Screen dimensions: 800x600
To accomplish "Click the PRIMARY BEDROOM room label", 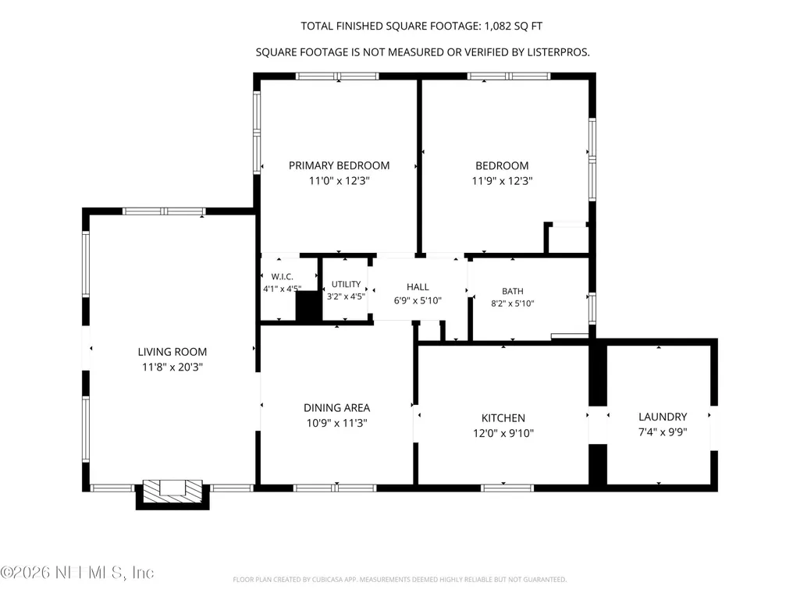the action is coord(340,165).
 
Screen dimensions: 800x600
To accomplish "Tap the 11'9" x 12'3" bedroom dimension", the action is coord(502,180).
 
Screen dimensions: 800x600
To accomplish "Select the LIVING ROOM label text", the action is coord(172,352).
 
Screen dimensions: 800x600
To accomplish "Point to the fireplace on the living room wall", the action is coord(172,494).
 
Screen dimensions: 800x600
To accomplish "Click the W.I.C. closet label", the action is coord(282,276).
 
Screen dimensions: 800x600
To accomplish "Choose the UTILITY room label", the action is coord(346,284).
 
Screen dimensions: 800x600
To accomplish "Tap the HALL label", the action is coord(418,286).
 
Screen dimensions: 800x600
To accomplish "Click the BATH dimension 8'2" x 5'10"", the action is coord(513,304).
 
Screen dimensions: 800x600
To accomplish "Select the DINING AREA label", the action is coord(336,407).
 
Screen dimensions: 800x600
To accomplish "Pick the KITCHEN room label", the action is coord(503,418).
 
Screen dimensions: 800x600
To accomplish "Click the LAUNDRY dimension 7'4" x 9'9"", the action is coord(663,432).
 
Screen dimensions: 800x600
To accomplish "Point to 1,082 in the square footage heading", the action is coord(497,26).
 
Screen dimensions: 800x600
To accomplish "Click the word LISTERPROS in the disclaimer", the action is coord(560,52).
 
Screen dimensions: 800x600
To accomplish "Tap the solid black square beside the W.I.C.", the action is coord(308,307).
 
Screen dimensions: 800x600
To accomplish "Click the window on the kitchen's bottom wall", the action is coord(507,488).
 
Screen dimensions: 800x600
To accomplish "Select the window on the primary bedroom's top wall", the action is coord(337,76).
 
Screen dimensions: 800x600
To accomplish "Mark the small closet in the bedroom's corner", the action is coord(568,238).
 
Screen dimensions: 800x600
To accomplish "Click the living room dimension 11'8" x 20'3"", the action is coord(172,367).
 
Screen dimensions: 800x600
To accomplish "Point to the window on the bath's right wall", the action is coord(592,309).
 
